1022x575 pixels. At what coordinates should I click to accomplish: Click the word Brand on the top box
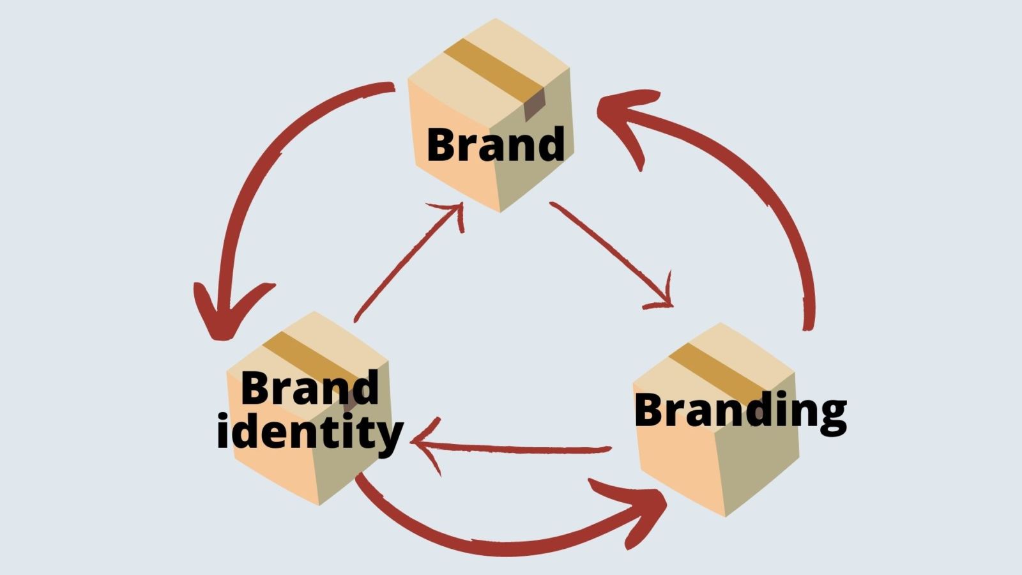click(496, 144)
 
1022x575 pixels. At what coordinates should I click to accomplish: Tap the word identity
click(310, 433)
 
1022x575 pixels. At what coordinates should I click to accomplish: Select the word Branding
click(740, 410)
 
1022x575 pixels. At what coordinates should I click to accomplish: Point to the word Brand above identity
click(310, 388)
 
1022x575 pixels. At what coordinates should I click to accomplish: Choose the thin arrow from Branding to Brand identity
click(511, 448)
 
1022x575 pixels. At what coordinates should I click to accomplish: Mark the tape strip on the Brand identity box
click(307, 358)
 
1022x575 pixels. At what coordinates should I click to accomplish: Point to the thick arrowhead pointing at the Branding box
click(639, 505)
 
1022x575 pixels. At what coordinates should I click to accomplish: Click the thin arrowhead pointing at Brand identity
click(425, 442)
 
